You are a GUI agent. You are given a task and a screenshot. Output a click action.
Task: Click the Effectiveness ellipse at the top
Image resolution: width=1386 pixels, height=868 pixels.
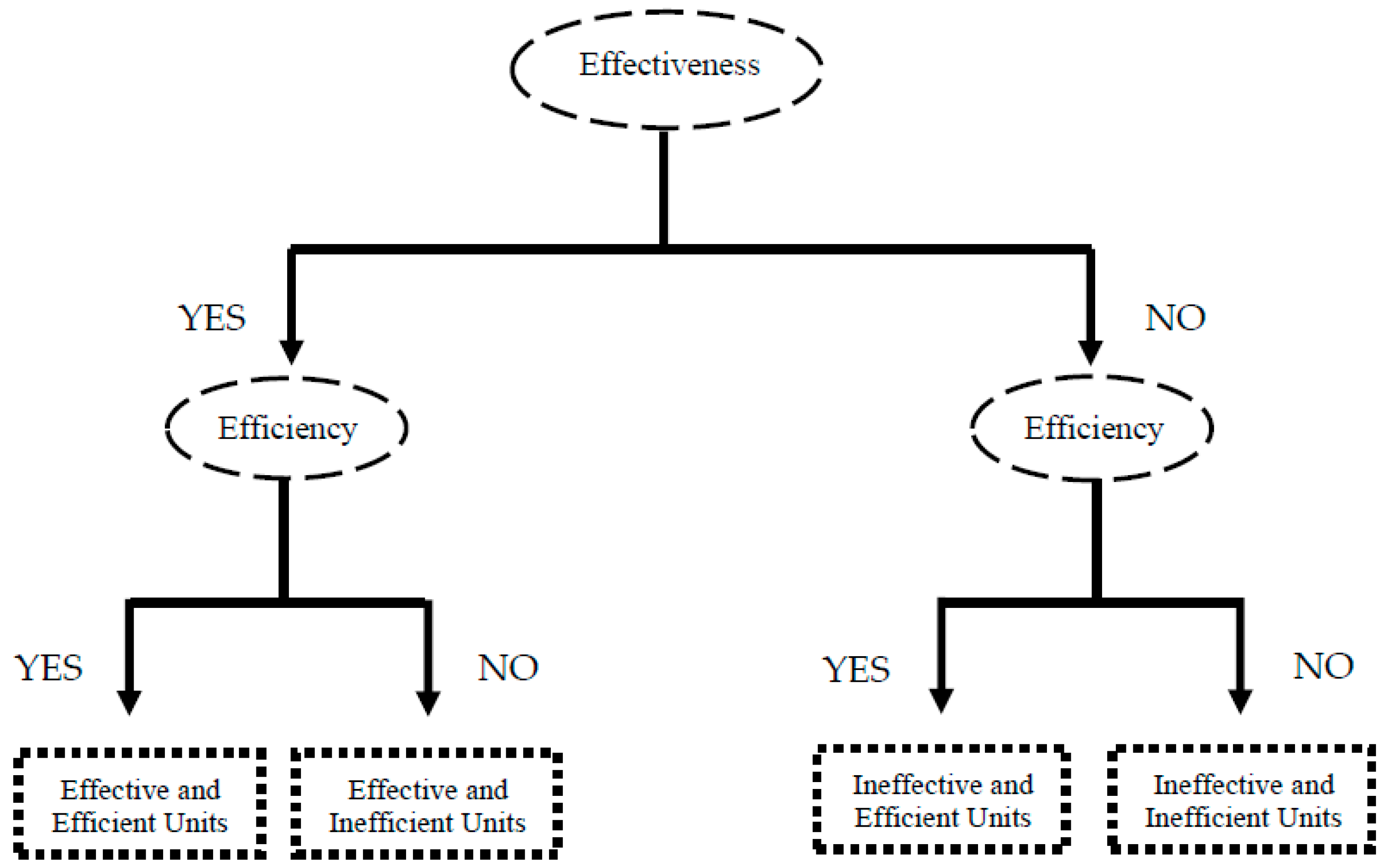[666, 69]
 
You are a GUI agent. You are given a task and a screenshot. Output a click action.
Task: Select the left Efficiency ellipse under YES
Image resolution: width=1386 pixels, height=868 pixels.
[287, 428]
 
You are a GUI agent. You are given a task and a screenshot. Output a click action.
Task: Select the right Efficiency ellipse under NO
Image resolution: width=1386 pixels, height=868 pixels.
[1092, 428]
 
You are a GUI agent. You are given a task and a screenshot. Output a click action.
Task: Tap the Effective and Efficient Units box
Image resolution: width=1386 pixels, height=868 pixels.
[140, 804]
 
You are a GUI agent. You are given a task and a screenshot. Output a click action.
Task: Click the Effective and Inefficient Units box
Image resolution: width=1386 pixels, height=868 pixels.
[427, 804]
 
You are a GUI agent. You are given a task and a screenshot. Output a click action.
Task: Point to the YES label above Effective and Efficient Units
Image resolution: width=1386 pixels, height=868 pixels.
[49, 668]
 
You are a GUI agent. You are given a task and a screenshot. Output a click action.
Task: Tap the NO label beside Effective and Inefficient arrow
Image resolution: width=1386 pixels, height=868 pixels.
[508, 667]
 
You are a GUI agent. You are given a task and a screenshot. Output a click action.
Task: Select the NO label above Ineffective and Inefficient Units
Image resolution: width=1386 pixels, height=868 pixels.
[1324, 666]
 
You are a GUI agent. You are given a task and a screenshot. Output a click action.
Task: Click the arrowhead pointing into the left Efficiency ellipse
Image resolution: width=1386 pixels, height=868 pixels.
[292, 352]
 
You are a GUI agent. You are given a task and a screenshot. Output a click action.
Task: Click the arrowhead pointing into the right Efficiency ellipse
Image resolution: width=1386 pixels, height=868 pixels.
[1090, 352]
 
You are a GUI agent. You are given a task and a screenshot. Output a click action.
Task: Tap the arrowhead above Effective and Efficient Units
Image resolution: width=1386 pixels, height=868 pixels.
[130, 702]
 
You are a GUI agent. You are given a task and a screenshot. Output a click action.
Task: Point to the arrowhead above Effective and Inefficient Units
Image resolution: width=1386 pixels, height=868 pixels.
[428, 702]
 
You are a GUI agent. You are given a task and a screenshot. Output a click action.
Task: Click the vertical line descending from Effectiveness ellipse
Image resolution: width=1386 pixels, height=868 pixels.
[663, 189]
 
